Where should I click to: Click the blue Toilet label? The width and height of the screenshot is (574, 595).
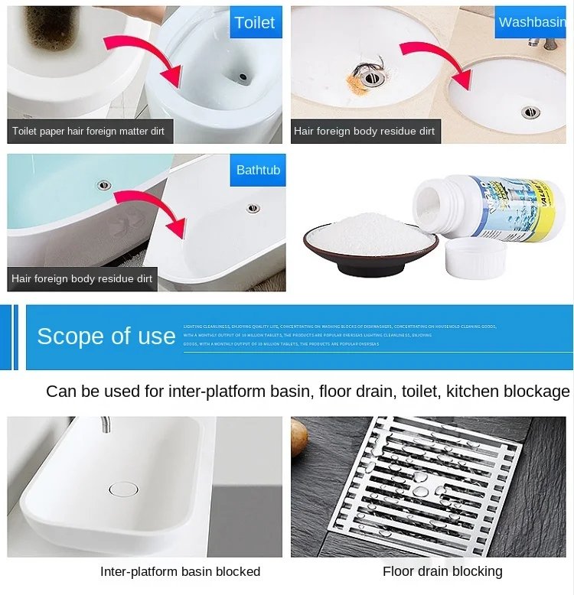(x=255, y=22)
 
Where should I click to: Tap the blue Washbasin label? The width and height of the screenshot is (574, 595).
(x=532, y=22)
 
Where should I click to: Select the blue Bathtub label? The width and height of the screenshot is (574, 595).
(x=258, y=170)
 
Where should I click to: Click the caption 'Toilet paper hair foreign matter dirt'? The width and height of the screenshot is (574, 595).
(x=89, y=132)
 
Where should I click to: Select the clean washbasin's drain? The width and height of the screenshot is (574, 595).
(x=530, y=112)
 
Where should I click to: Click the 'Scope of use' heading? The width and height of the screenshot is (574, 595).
(x=106, y=337)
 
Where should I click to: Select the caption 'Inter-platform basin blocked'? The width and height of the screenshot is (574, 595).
(x=180, y=571)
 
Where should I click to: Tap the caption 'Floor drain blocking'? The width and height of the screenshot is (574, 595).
(x=442, y=571)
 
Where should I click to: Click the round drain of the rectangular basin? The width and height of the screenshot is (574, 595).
(x=123, y=489)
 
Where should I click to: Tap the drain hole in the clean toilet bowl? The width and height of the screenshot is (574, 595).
(x=242, y=77)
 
